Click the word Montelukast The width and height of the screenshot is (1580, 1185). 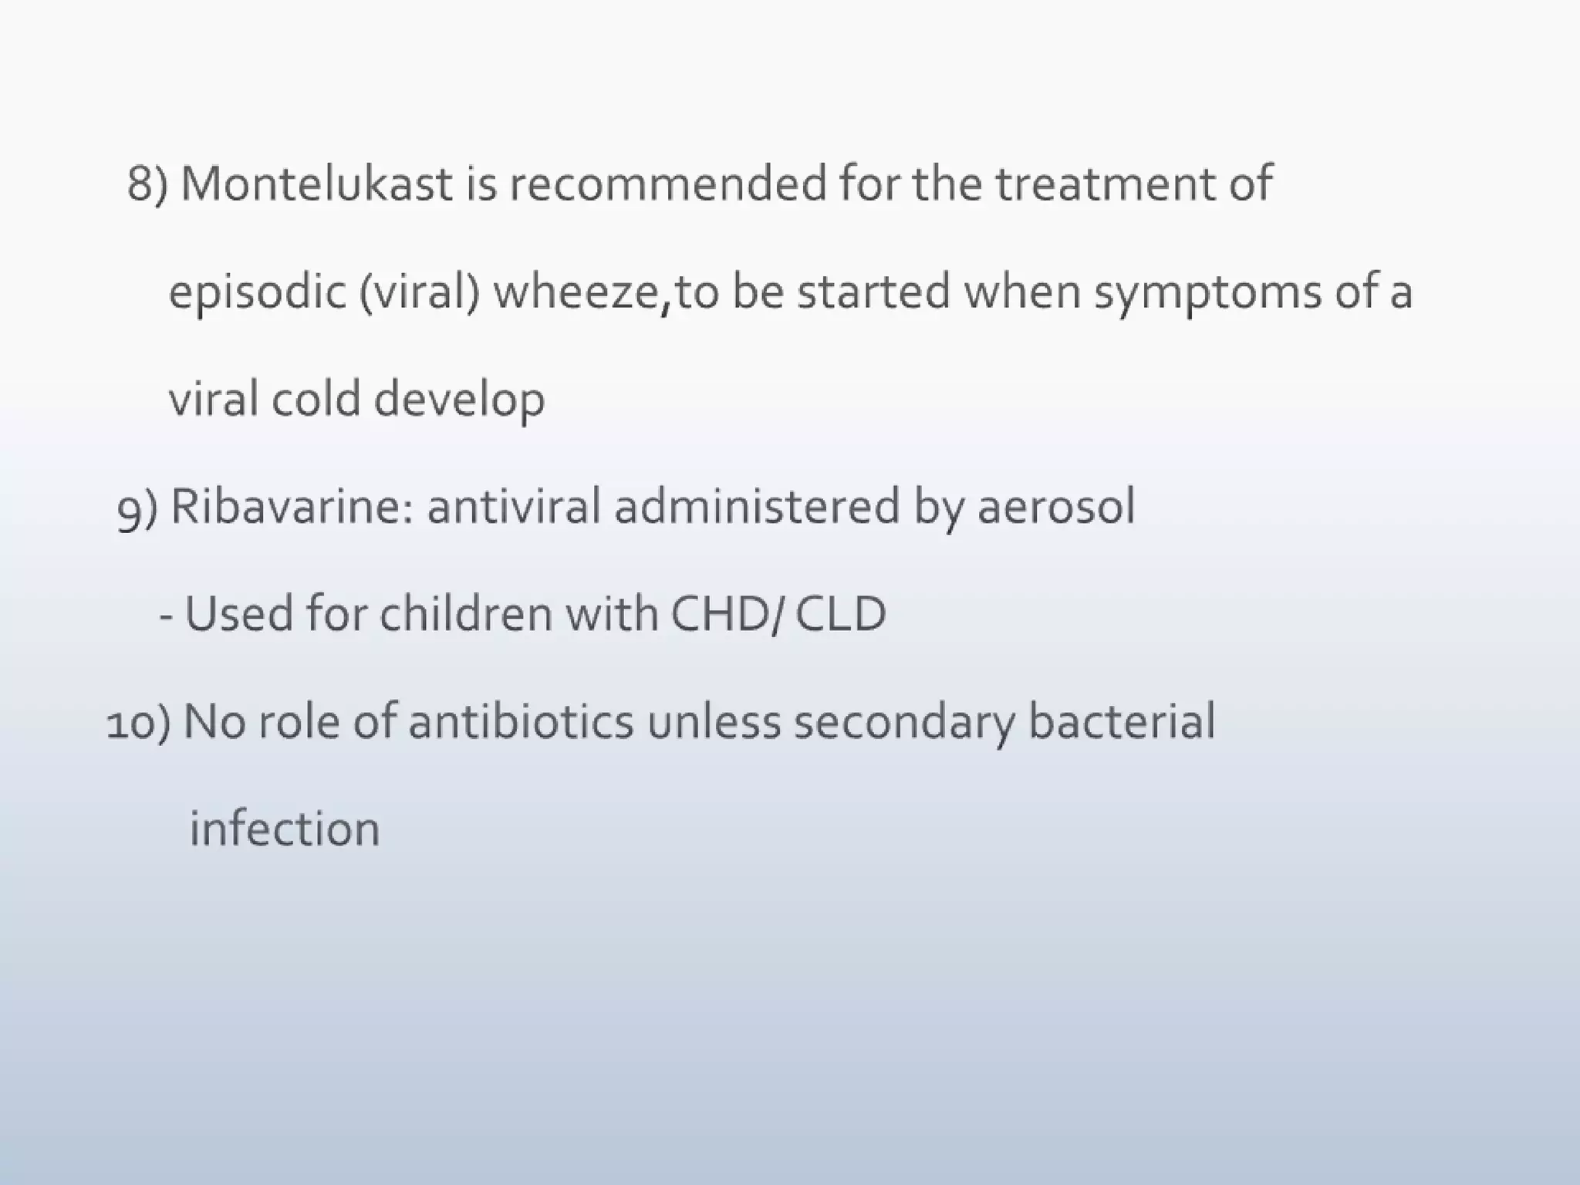pos(316,184)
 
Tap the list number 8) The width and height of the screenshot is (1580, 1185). pos(147,186)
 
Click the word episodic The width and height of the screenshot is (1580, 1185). pos(256,294)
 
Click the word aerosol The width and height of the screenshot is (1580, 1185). pos(1056,508)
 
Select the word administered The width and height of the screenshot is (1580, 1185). pos(757,508)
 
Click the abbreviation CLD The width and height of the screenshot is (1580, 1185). pos(840,615)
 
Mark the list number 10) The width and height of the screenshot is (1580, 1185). pos(139,724)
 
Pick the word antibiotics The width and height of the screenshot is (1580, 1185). pos(521,722)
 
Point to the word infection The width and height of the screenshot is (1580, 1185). pos(285,829)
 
